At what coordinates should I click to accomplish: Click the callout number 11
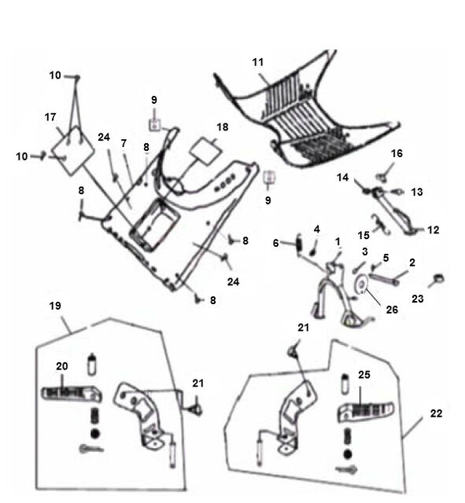pos(258,62)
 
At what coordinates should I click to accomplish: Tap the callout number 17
pos(50,117)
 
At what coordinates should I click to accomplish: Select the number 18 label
pos(222,127)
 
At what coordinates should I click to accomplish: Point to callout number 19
pos(55,306)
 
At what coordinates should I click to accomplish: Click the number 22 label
pos(436,413)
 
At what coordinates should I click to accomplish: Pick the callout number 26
pos(392,310)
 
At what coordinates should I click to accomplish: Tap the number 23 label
pos(418,299)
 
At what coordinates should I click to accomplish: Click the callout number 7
pos(124,143)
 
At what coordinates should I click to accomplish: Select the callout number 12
pos(433,229)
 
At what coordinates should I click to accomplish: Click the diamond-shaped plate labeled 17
pos(73,150)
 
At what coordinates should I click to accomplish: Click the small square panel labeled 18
pos(206,149)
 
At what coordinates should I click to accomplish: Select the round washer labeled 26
pos(362,285)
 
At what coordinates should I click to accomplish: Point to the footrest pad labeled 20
pos(72,393)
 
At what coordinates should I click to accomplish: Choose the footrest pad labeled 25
pos(366,411)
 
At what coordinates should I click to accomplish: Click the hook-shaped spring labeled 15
pos(381,223)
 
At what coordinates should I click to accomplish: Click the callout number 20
pos(62,366)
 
